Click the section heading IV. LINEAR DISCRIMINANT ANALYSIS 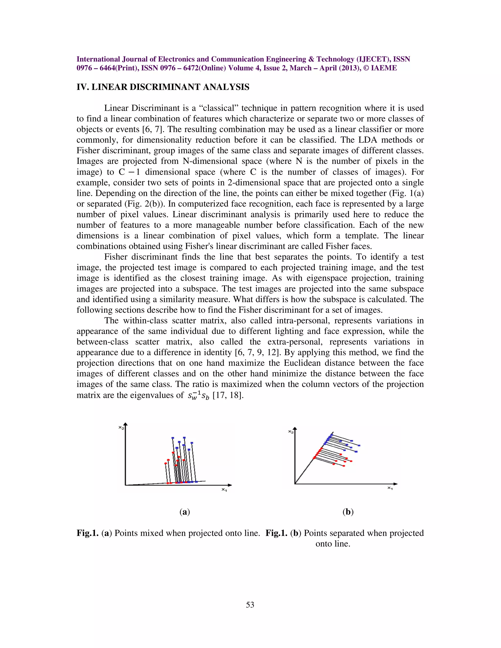pos(163,87)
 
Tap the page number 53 pos(250,605)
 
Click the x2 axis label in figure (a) pos(121,427)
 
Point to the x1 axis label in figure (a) pos(224,490)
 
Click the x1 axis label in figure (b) pos(390,488)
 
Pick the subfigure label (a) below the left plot pos(185,512)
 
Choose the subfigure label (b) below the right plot pos(348,512)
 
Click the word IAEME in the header pos(384,68)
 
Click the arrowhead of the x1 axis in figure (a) pos(230,485)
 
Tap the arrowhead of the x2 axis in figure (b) pos(295,429)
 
